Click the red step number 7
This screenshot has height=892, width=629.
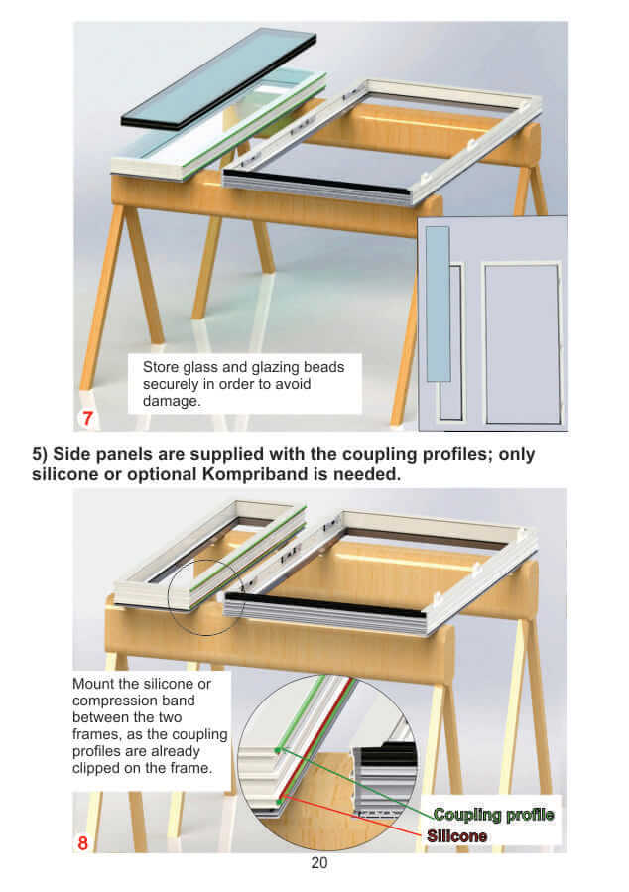point(87,418)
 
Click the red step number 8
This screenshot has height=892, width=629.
point(83,842)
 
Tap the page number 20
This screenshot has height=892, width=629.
point(319,863)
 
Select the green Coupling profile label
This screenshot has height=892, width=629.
point(493,815)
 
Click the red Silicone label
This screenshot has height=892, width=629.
point(456,836)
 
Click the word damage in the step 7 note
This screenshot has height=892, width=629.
point(170,401)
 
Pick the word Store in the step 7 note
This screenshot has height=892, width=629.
point(161,367)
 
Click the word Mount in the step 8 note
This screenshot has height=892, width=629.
point(92,684)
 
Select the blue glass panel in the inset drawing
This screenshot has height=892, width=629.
point(438,304)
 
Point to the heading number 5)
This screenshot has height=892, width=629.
point(40,455)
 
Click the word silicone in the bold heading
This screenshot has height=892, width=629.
point(63,474)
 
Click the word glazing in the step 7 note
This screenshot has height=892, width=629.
point(275,367)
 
